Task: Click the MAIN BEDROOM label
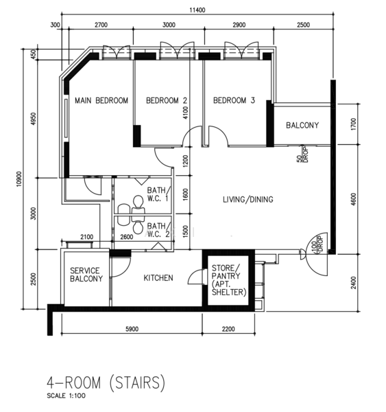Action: pyautogui.click(x=101, y=100)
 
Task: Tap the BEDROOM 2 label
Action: pyautogui.click(x=167, y=100)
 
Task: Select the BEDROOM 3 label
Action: pyautogui.click(x=234, y=100)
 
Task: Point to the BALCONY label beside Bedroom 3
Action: pyautogui.click(x=302, y=125)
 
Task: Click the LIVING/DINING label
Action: pyautogui.click(x=248, y=199)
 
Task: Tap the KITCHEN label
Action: pyautogui.click(x=158, y=278)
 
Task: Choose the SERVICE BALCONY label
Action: pyautogui.click(x=86, y=275)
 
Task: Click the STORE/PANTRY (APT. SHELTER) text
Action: pyautogui.click(x=229, y=280)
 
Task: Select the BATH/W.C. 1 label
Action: pyautogui.click(x=159, y=194)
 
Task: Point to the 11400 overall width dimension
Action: pyautogui.click(x=197, y=10)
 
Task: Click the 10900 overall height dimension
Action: pyautogui.click(x=19, y=179)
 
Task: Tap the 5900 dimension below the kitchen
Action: pyautogui.click(x=132, y=329)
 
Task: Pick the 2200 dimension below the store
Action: pyautogui.click(x=228, y=329)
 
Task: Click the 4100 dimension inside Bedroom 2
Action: pyautogui.click(x=185, y=113)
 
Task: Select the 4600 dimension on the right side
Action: pyautogui.click(x=354, y=199)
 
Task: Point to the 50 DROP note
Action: pyautogui.click(x=302, y=155)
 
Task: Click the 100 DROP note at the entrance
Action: pyautogui.click(x=317, y=244)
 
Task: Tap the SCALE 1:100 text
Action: pyautogui.click(x=66, y=396)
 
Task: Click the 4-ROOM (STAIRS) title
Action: pyautogui.click(x=106, y=382)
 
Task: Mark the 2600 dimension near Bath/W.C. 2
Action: pyautogui.click(x=126, y=237)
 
